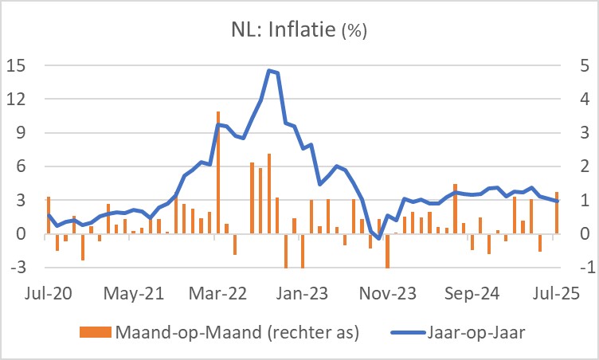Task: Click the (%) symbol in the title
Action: click(x=354, y=33)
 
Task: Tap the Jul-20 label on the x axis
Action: click(x=48, y=292)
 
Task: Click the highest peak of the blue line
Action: click(x=269, y=70)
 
